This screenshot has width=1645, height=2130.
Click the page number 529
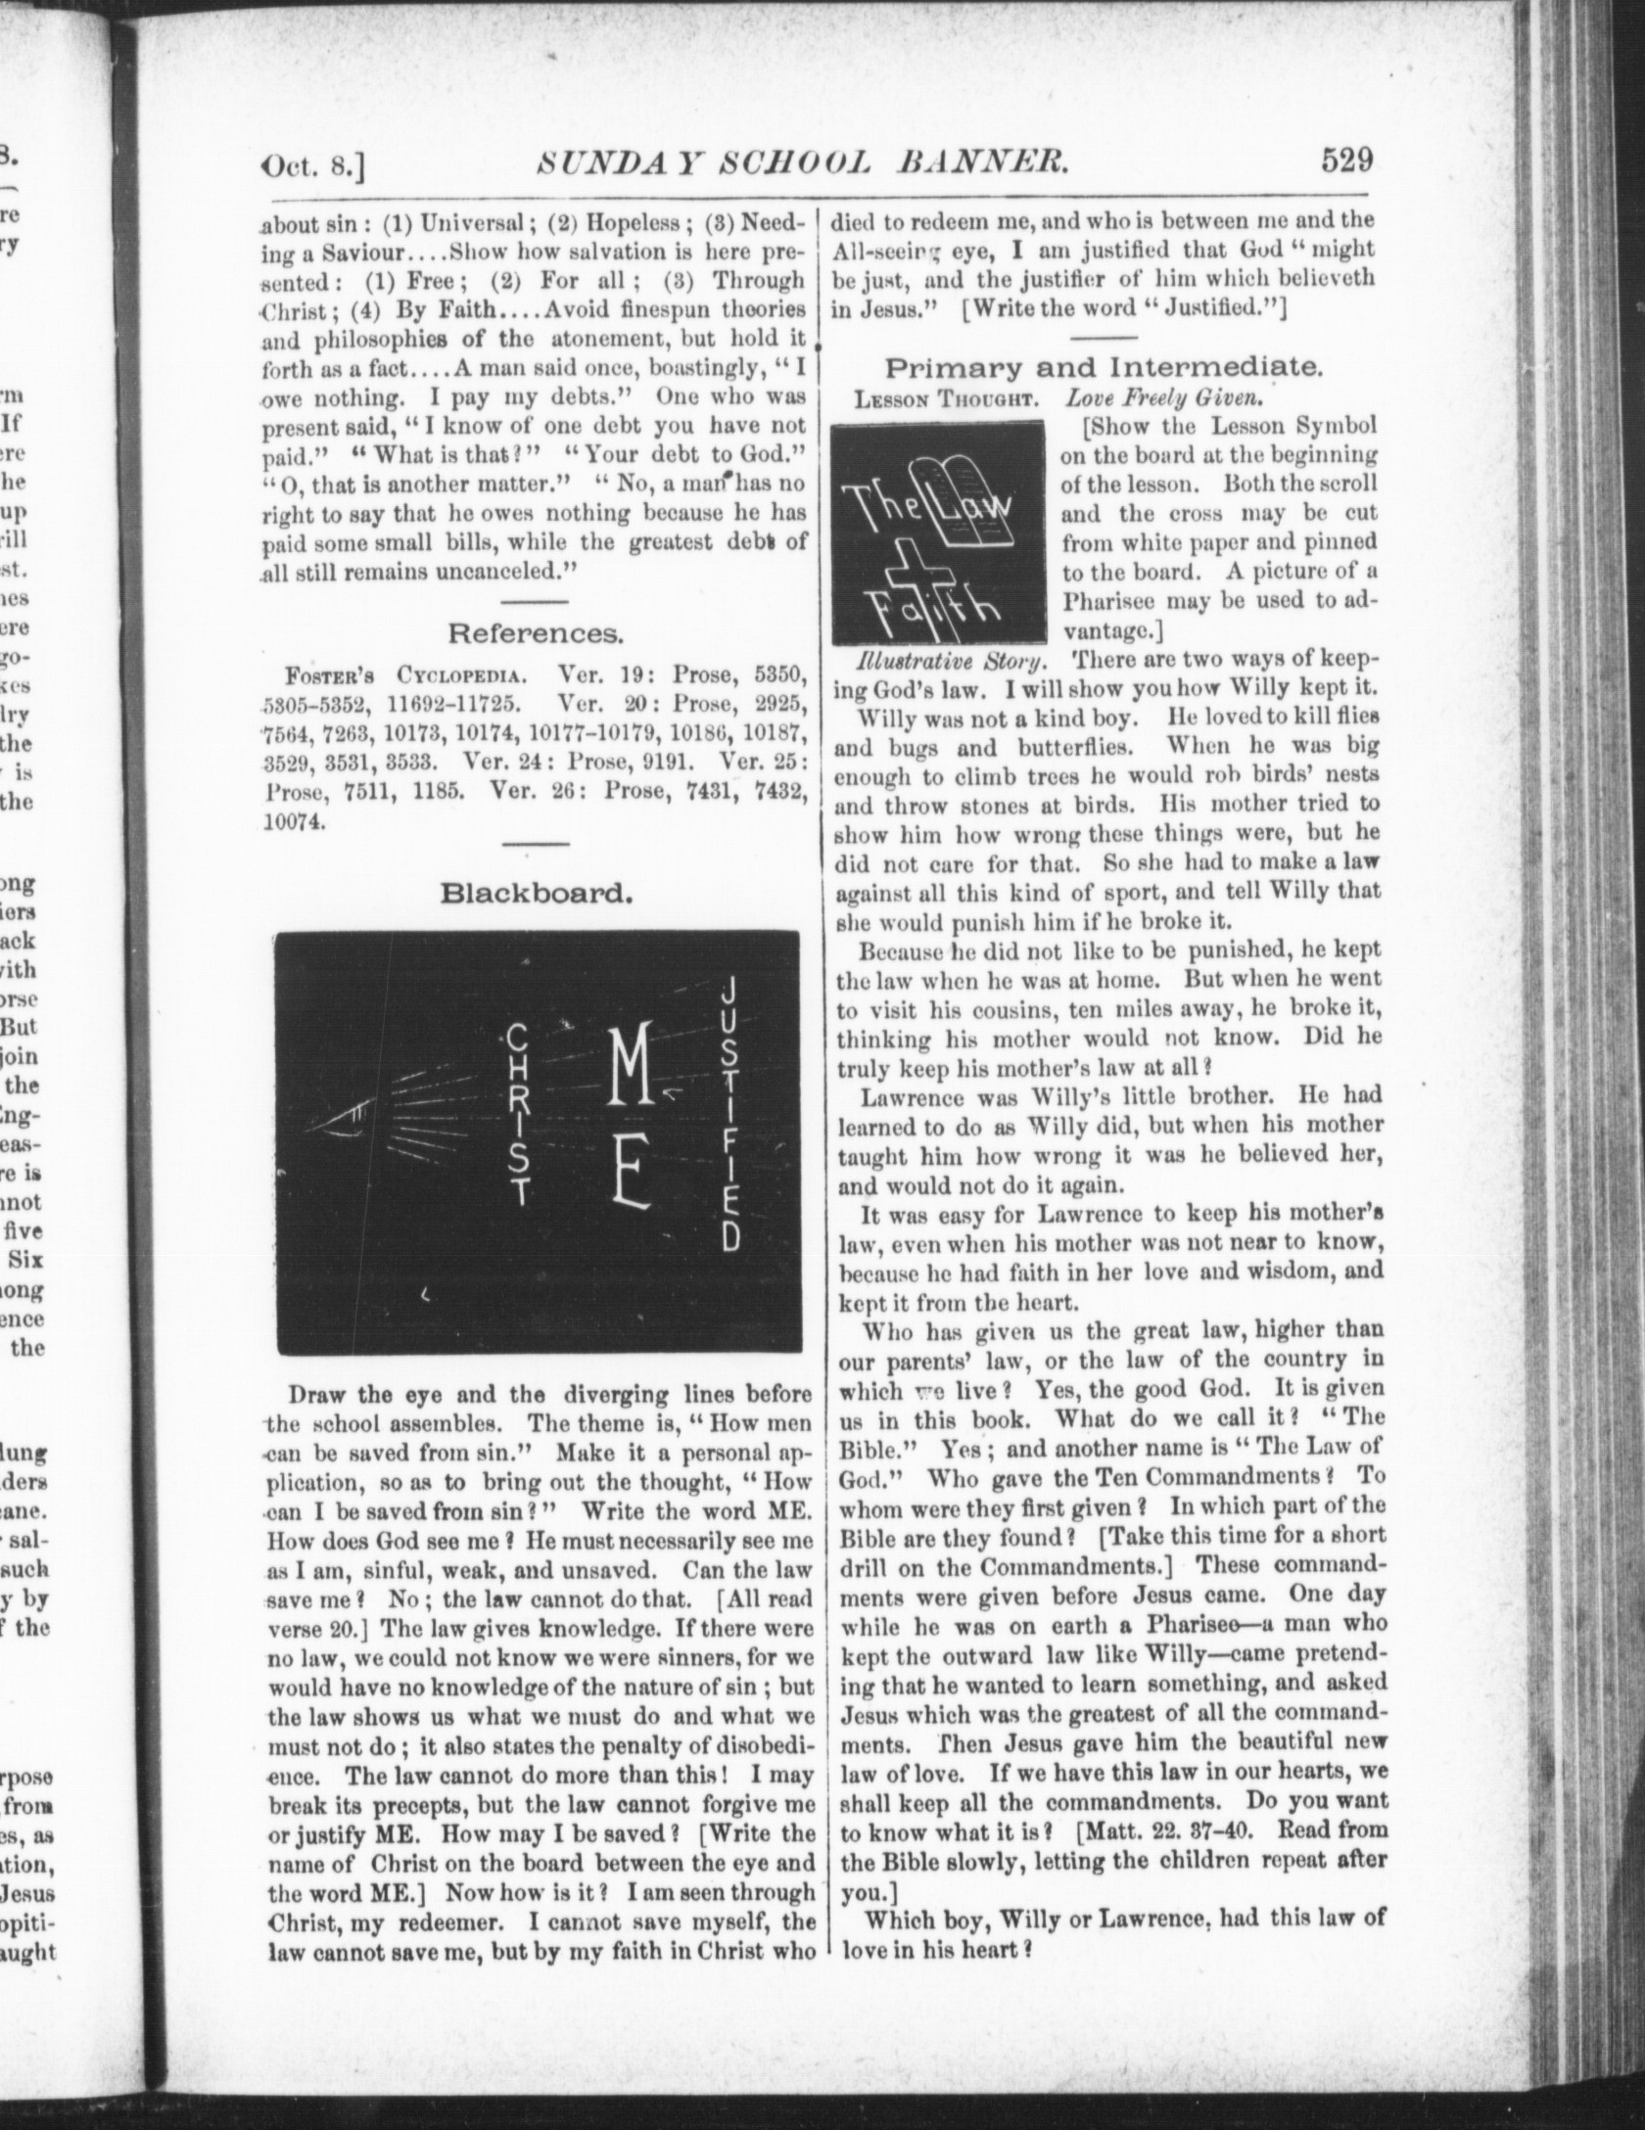coord(1347,159)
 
